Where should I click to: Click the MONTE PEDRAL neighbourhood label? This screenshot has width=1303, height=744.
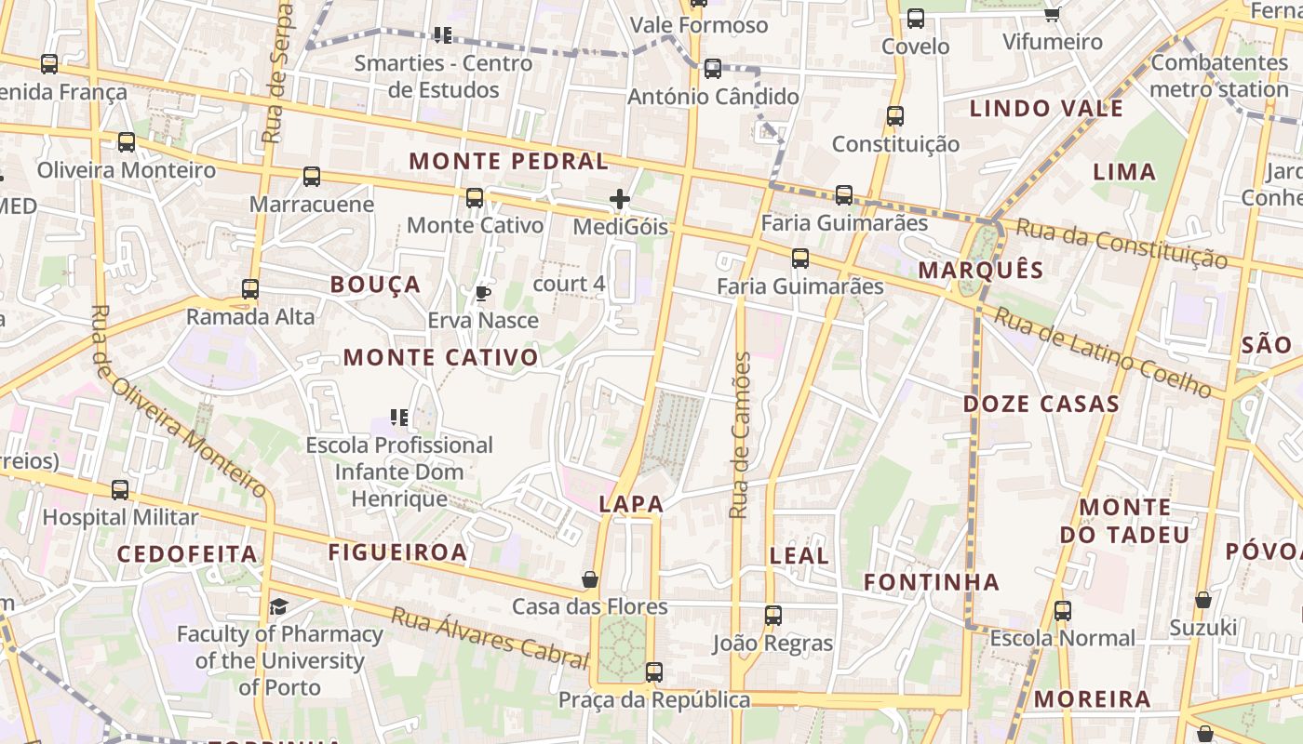[508, 161]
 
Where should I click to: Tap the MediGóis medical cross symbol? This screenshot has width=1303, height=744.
[620, 199]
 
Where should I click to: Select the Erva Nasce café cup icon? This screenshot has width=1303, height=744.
[482, 294]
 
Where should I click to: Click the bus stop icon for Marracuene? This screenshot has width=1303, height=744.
[312, 177]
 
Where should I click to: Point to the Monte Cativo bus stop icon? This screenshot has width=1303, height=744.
[475, 197]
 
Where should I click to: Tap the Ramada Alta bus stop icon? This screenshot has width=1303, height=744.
[250, 289]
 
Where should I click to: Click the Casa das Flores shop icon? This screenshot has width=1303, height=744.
[590, 579]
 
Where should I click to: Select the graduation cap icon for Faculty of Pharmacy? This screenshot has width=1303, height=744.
[279, 607]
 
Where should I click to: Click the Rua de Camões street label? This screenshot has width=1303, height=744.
[740, 435]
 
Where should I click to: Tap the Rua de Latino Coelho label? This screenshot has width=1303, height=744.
[1102, 352]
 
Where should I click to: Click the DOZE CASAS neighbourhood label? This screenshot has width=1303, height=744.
[1041, 405]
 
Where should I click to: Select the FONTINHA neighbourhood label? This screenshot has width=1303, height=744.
[931, 582]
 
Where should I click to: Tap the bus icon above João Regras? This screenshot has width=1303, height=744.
[773, 615]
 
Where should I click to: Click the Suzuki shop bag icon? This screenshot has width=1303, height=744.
[1203, 600]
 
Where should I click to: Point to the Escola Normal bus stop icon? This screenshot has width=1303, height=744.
[1062, 611]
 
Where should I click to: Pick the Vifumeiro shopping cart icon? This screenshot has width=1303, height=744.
[1053, 14]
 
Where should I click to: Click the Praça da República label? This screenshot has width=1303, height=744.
[653, 700]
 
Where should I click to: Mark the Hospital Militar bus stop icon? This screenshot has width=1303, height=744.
[120, 490]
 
